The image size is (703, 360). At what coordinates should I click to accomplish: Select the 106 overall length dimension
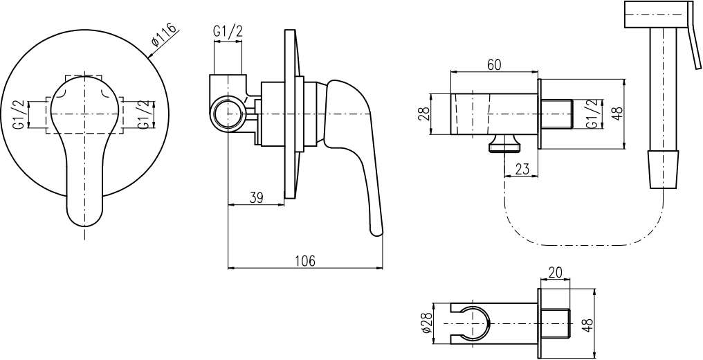(x=305, y=260)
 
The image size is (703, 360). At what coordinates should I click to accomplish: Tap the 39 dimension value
(x=256, y=197)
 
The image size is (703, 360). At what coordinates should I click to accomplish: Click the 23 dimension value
(x=522, y=169)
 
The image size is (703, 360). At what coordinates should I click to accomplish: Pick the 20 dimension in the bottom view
(x=555, y=272)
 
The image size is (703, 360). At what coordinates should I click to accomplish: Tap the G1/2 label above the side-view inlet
(x=228, y=31)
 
